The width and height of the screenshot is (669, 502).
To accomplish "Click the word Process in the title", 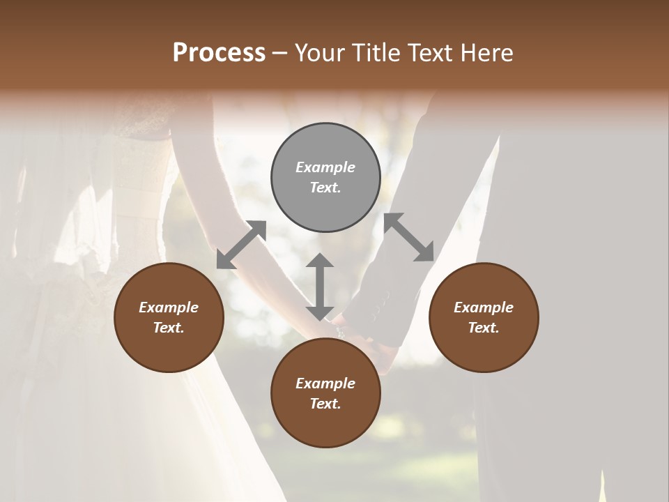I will (x=219, y=53).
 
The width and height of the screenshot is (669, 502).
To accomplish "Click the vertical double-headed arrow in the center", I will (x=320, y=287).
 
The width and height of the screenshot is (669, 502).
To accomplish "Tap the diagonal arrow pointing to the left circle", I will (x=241, y=245).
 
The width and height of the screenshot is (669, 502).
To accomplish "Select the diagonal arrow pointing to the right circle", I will (x=409, y=238).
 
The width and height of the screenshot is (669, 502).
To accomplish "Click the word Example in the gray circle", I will (x=325, y=167).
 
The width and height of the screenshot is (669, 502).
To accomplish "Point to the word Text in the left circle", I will (x=169, y=328).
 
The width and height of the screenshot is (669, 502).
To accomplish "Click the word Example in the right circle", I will (x=484, y=307).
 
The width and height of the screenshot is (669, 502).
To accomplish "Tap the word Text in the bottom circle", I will (x=325, y=404).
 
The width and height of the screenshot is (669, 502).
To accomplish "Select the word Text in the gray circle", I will (x=325, y=188).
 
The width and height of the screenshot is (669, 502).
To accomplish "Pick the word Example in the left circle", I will (x=169, y=307).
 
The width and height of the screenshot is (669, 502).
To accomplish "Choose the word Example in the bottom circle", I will (x=325, y=383).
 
